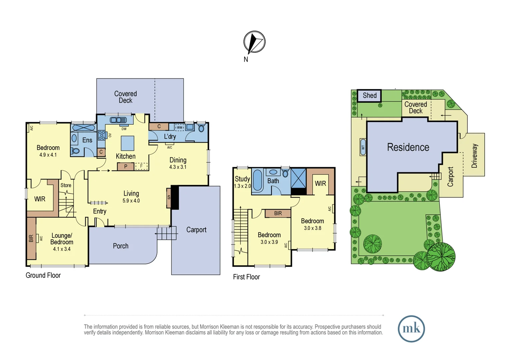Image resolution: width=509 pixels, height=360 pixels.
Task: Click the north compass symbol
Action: point(254,42)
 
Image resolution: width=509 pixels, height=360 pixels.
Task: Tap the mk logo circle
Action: point(411,329)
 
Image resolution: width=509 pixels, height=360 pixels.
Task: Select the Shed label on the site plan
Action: point(369,96)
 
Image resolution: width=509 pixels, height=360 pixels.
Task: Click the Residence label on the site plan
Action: point(408,147)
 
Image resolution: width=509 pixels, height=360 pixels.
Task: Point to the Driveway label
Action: point(474,156)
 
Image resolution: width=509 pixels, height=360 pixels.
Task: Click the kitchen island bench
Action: point(127,143)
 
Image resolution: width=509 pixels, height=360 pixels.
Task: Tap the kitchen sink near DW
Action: point(118,120)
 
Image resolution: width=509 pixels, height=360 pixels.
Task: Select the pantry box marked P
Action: point(126,166)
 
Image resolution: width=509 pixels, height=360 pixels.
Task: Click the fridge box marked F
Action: point(141,166)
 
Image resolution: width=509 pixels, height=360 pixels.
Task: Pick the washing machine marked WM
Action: point(180,127)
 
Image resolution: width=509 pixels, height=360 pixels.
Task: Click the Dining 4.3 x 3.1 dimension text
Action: point(178,167)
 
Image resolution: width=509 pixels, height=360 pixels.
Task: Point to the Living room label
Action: point(131,193)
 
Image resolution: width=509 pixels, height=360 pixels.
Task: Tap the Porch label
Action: point(121,246)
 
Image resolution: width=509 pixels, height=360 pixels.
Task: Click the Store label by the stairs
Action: point(66,185)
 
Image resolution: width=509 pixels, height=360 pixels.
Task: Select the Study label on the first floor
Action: point(242,179)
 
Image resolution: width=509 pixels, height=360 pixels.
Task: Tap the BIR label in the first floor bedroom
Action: point(278,213)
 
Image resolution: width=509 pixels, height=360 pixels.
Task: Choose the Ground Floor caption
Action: point(43,275)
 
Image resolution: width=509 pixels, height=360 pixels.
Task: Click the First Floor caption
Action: point(246,277)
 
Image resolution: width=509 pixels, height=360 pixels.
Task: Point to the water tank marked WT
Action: point(363,147)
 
